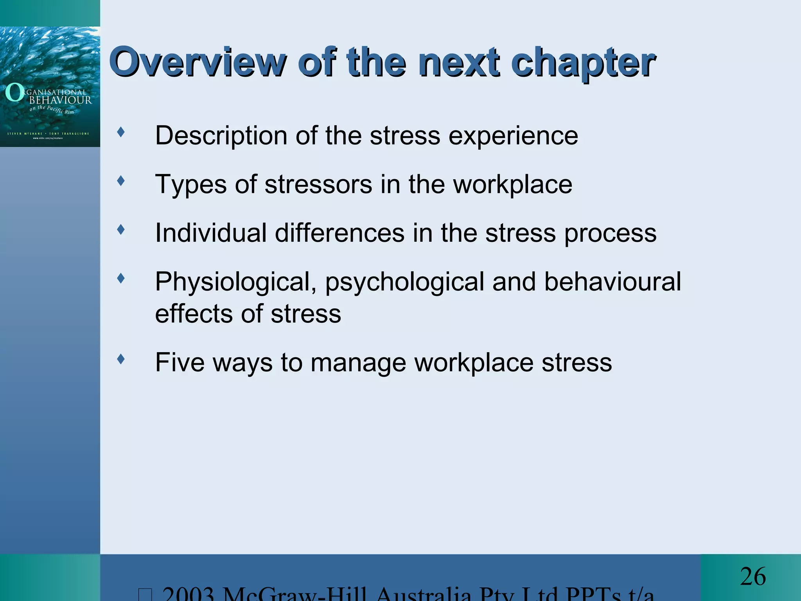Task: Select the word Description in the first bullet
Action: [221, 136]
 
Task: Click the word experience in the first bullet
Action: [513, 136]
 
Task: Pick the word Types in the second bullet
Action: [191, 185]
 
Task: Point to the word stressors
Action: [318, 184]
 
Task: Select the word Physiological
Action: [236, 283]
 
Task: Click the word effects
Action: [194, 314]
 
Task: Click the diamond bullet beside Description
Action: [121, 132]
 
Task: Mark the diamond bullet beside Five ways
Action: [121, 359]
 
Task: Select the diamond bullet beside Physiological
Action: [121, 278]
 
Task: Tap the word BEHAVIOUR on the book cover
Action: [61, 100]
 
